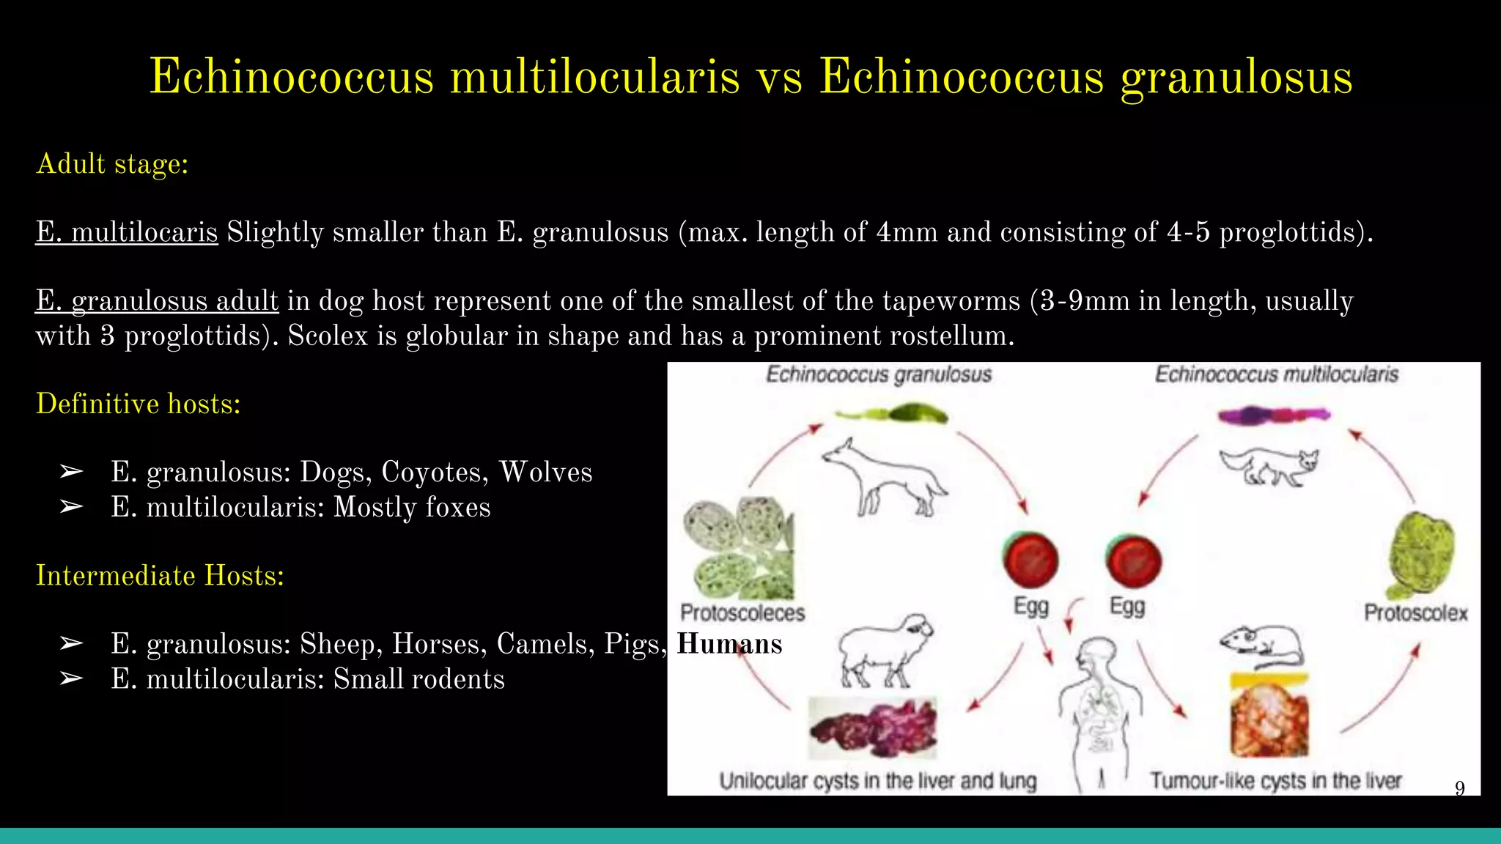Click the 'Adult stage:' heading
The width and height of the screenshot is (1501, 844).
[112, 164]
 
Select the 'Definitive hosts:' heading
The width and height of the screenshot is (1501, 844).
[139, 404]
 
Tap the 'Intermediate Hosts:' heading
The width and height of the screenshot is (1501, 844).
[160, 576]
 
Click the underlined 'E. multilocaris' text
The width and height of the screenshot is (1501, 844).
[127, 232]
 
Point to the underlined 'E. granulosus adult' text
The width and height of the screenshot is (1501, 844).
[157, 301]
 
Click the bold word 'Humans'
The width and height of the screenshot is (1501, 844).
[729, 644]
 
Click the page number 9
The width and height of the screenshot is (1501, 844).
[1459, 788]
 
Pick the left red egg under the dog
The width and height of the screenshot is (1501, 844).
[1030, 561]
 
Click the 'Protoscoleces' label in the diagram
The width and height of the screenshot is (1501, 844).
[742, 612]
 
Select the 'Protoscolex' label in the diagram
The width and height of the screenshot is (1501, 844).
[1415, 612]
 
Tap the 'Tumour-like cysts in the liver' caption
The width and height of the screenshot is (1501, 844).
[1275, 781]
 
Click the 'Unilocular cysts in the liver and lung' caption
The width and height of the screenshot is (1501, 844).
[878, 781]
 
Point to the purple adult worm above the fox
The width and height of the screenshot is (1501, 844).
[1274, 415]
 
